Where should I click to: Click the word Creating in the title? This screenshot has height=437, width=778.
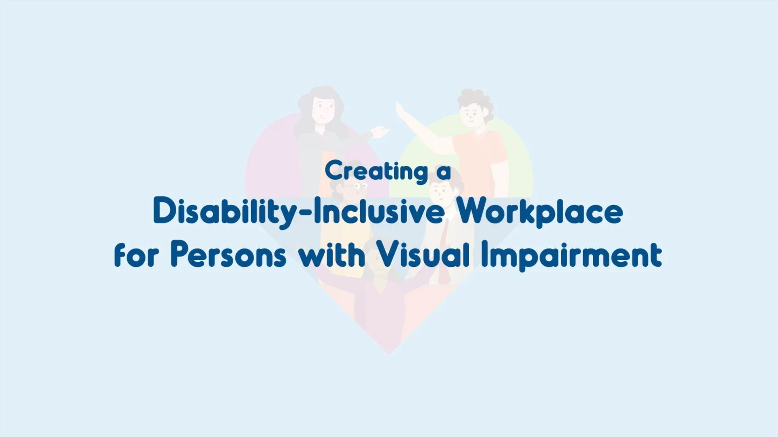tap(376, 172)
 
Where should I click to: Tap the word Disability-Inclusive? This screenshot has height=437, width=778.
tap(299, 212)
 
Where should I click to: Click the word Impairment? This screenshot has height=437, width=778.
tap(572, 255)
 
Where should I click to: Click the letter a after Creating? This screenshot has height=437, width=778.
tap(444, 172)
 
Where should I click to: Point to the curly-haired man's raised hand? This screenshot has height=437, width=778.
tap(400, 109)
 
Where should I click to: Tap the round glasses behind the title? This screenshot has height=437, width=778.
tap(360, 186)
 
